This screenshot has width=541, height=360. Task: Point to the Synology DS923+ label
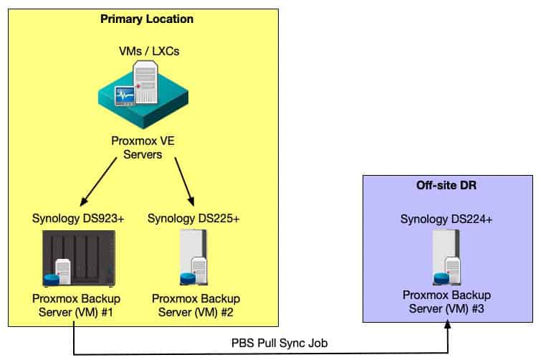[79, 218]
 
